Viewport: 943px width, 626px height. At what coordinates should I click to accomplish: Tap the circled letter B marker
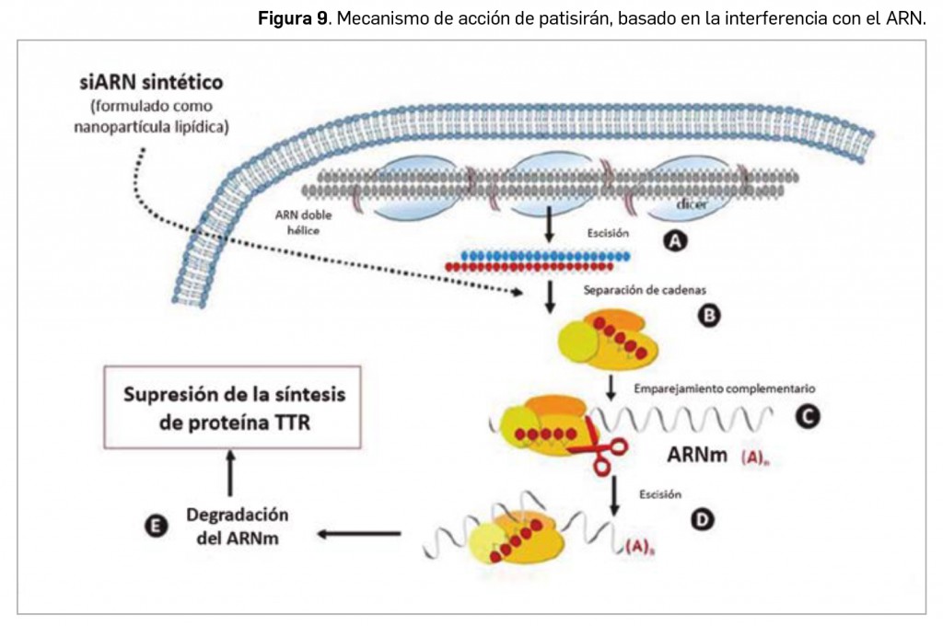(x=709, y=316)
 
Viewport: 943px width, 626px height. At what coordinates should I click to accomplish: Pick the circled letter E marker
(x=157, y=525)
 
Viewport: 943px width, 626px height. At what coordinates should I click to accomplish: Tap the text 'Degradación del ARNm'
(x=237, y=526)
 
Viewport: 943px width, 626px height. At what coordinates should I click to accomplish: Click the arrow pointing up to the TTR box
(x=230, y=475)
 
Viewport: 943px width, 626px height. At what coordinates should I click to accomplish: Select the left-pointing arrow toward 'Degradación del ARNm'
(x=359, y=533)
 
